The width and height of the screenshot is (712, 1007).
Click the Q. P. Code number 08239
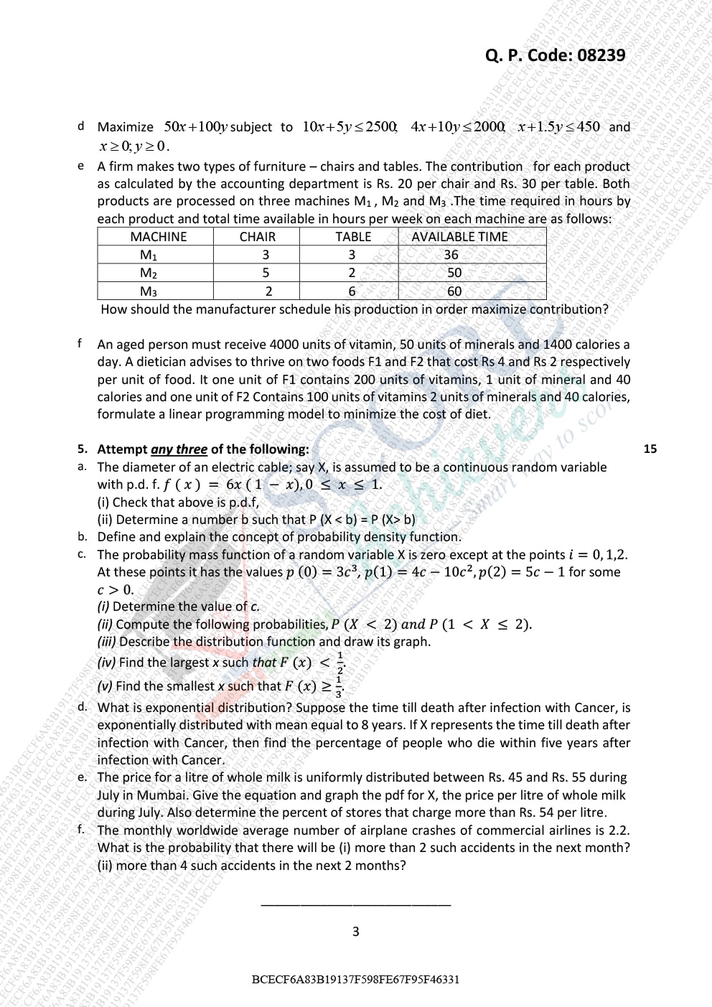click(x=601, y=55)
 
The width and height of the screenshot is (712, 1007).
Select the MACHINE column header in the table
click(x=158, y=237)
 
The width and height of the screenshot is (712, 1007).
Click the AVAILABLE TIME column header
click(x=459, y=237)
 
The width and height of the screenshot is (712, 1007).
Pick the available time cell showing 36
click(x=451, y=255)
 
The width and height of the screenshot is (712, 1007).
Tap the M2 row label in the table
click(x=149, y=273)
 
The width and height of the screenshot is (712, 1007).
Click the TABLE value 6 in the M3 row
click(x=352, y=291)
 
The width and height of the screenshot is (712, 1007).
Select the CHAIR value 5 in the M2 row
click(x=266, y=273)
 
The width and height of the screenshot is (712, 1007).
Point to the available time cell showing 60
click(x=454, y=291)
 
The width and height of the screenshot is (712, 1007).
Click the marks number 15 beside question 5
click(x=650, y=449)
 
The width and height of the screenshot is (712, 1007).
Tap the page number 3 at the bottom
click(x=356, y=932)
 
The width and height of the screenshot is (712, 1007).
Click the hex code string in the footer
click(x=356, y=979)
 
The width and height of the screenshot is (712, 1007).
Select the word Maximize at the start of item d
click(x=126, y=127)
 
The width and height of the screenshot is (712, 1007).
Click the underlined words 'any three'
click(x=179, y=449)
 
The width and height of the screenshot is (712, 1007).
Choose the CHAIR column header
click(x=257, y=237)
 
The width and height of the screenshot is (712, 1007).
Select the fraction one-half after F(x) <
click(x=339, y=662)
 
